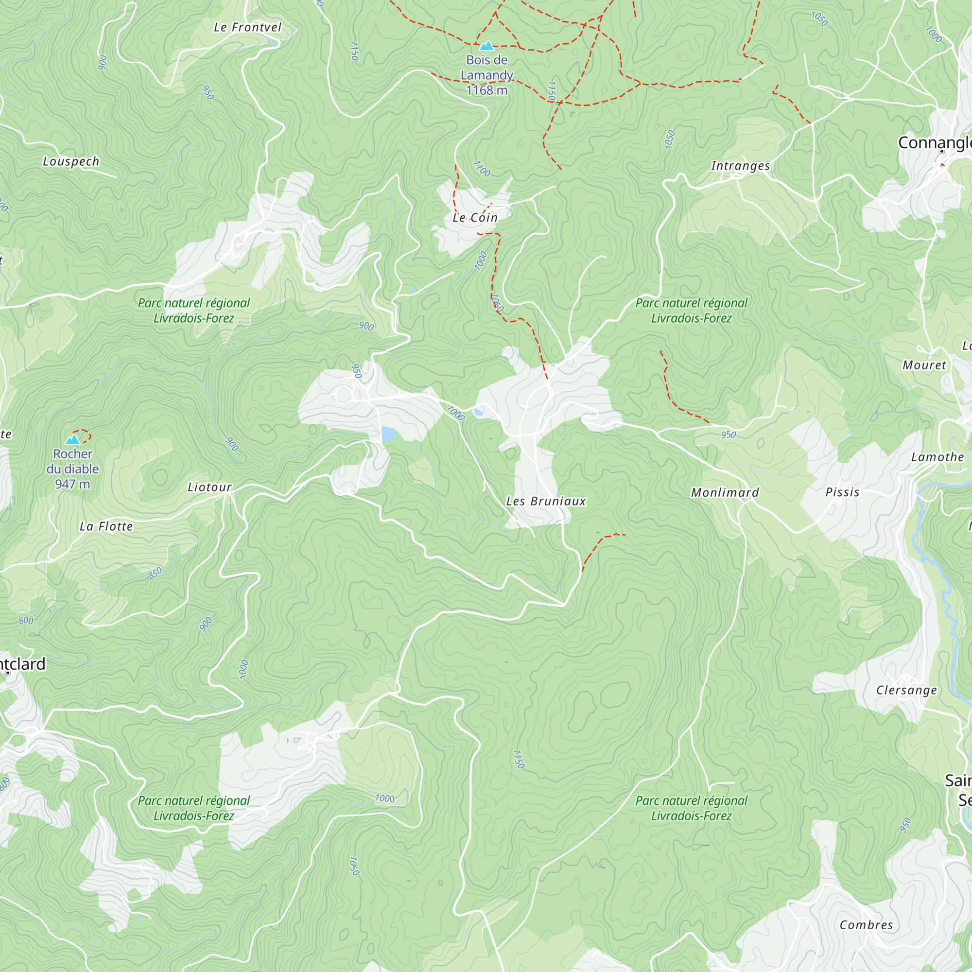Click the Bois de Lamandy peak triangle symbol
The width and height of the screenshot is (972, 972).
[486, 46]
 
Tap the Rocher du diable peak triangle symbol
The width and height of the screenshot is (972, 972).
[73, 440]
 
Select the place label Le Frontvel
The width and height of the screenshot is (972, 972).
[247, 28]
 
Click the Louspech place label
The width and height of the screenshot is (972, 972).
[71, 161]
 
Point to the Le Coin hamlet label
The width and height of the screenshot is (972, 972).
[475, 217]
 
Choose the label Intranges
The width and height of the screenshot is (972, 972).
[740, 166]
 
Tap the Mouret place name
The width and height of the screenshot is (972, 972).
[924, 365]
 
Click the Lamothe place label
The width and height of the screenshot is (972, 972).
[937, 457]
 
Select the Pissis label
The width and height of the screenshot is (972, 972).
[842, 492]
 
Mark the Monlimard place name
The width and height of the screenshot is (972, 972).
[725, 492]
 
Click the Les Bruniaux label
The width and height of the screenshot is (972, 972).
[546, 501]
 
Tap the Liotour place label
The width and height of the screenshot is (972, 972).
[210, 487]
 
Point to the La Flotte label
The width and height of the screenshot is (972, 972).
[106, 526]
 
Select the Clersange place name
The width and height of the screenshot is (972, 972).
[906, 690]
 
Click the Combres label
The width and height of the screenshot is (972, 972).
[867, 925]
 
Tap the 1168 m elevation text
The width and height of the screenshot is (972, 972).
[486, 90]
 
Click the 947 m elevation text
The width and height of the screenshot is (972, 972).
[72, 484]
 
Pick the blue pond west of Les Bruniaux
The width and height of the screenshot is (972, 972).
[388, 434]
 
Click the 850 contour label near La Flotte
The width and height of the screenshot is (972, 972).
[155, 573]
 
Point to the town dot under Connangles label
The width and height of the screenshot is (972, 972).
[942, 152]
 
